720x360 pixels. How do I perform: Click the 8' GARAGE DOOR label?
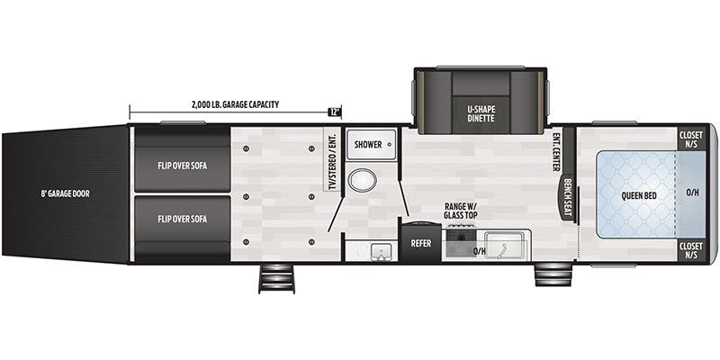pyautogui.click(x=65, y=193)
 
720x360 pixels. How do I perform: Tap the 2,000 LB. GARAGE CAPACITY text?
pyautogui.click(x=235, y=104)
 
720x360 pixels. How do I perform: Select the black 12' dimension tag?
pyautogui.click(x=335, y=112)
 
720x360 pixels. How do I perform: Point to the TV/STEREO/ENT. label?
pyautogui.click(x=331, y=162)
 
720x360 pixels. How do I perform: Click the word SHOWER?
pyautogui.click(x=368, y=144)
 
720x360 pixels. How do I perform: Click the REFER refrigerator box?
pyautogui.click(x=420, y=243)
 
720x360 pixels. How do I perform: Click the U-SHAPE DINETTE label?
pyautogui.click(x=481, y=114)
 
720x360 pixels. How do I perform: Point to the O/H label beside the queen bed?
pyautogui.click(x=692, y=192)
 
